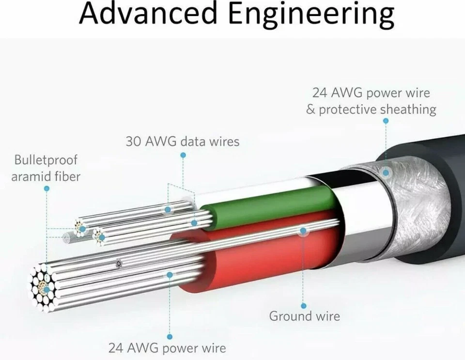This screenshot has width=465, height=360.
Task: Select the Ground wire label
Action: (305, 317)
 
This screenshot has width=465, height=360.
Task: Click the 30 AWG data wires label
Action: (183, 141)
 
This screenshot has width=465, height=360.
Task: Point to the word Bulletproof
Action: (46, 160)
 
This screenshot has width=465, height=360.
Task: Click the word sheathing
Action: (408, 110)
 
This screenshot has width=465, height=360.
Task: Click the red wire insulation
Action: (271, 252)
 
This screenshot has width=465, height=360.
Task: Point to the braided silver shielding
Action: (412, 203)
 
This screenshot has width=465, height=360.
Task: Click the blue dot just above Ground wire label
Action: (304, 306)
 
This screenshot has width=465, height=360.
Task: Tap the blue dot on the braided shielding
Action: (386, 172)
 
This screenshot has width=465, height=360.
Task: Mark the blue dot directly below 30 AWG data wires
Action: (183, 155)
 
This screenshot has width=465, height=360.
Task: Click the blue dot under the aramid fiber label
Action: (46, 188)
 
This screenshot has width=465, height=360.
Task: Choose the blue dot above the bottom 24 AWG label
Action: (170, 336)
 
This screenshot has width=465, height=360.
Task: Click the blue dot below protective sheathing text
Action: (386, 121)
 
